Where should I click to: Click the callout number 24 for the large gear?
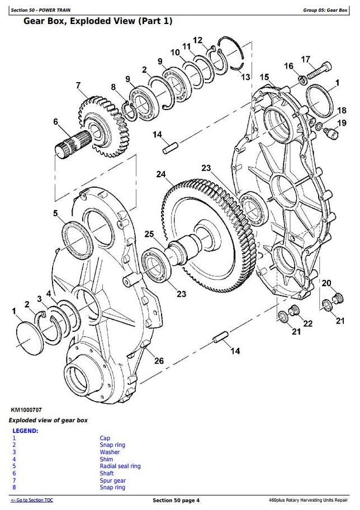tap(162, 174)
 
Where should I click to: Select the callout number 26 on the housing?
tap(159, 361)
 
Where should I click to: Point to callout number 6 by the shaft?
tap(56, 122)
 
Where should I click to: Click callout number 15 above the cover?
tap(264, 77)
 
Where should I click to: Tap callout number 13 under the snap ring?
tap(246, 77)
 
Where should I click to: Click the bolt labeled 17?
tap(318, 72)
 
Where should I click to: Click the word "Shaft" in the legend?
tap(107, 474)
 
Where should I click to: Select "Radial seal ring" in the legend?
tap(120, 466)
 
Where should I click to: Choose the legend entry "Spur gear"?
tap(113, 480)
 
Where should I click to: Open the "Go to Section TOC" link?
tap(32, 501)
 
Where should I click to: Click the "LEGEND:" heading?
tap(25, 431)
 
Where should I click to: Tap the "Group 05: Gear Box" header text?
tap(325, 10)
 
